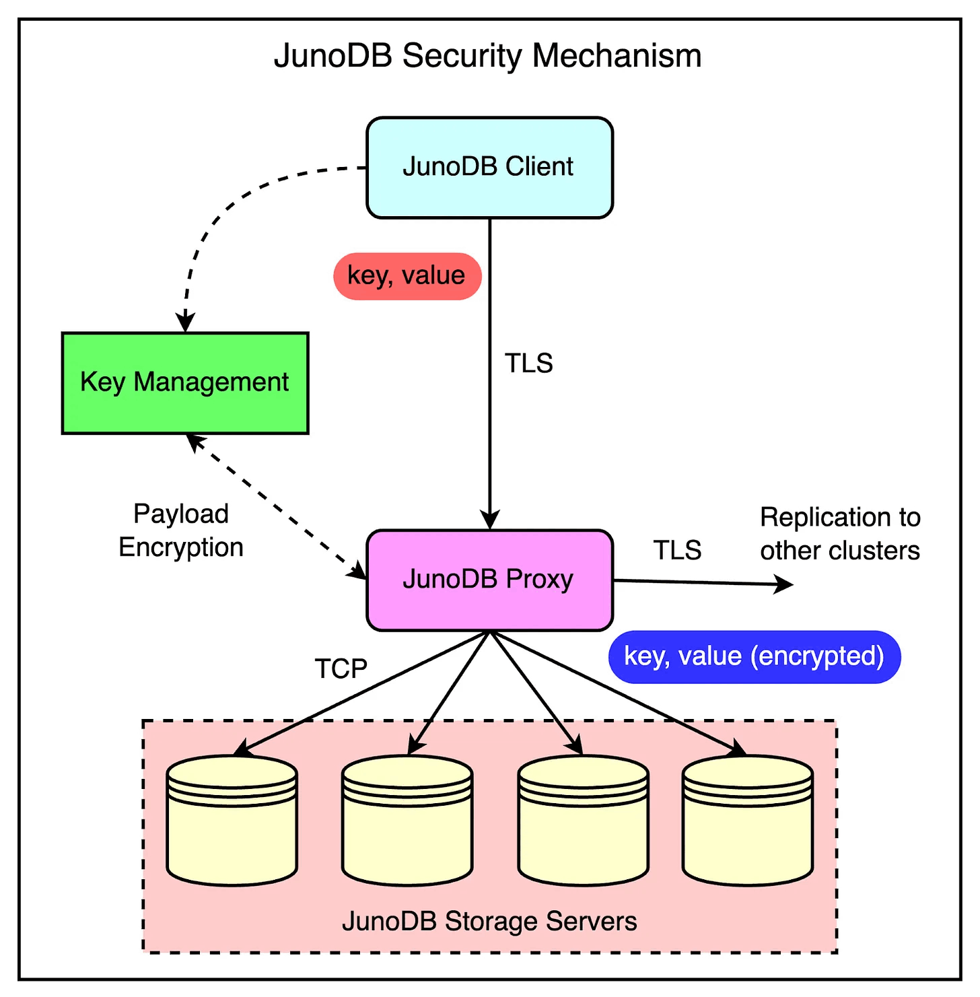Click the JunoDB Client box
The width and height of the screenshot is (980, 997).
pos(489,168)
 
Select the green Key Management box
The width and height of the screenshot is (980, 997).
pos(185,382)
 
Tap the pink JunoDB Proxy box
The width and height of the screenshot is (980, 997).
pos(489,580)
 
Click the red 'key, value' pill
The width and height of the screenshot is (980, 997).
pos(407,276)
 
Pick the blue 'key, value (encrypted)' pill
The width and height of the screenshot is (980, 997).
pos(754,656)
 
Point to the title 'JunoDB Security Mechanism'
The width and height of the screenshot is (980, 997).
pos(487,56)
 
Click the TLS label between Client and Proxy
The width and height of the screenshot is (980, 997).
pos(529,364)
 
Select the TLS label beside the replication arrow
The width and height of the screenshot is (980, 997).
pos(677,551)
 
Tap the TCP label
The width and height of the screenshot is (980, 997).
pos(341,669)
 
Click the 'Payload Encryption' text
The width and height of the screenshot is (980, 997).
pos(181,530)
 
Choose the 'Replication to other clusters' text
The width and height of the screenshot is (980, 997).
pos(840,534)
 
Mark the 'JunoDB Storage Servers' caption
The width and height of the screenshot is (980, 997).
pos(489,921)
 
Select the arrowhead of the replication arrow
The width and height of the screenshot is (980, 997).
pos(784,584)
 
